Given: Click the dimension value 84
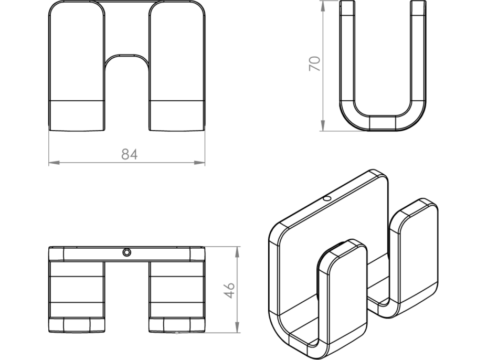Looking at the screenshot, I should coord(129,154).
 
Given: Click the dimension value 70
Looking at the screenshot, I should coord(314,65).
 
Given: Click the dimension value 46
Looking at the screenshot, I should coord(229,290).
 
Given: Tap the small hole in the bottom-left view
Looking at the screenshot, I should coord(126,252).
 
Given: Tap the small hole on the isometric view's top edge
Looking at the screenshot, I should coord(327,199).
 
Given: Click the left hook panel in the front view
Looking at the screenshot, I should coord(77,52).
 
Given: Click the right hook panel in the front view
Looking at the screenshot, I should coord(176,52).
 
